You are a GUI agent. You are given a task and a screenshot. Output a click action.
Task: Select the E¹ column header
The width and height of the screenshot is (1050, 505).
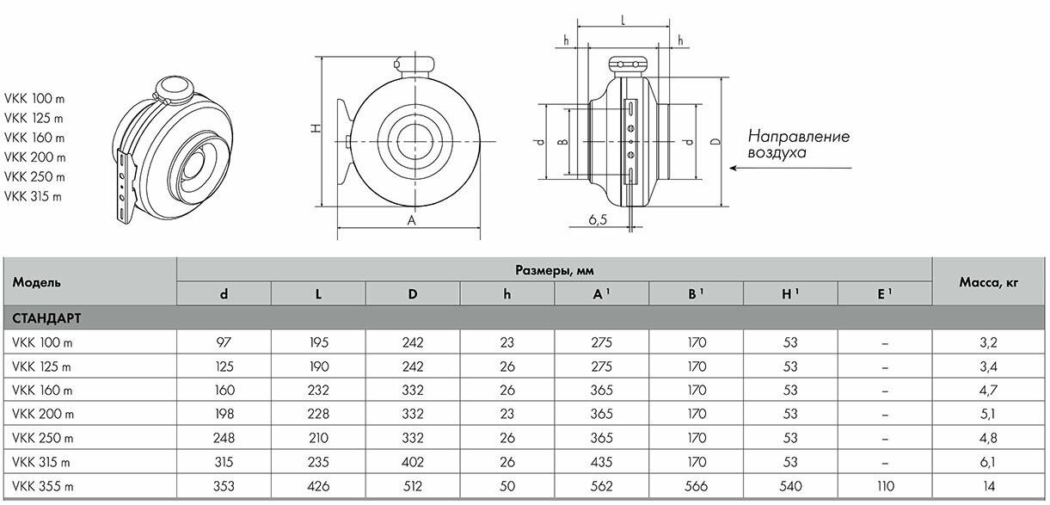point(884,293)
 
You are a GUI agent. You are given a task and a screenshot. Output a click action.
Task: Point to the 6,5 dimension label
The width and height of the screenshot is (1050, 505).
point(599,220)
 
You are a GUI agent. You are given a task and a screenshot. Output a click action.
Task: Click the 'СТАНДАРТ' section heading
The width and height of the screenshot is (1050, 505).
point(47,318)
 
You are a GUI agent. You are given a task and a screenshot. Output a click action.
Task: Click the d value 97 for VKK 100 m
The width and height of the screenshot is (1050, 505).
point(224,342)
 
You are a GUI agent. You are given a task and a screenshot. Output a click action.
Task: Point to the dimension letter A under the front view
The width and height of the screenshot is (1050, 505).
point(412,220)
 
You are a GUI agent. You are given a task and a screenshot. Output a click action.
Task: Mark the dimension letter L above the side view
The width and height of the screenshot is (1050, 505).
point(623,17)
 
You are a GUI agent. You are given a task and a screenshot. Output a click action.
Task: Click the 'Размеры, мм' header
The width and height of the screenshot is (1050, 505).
point(555,270)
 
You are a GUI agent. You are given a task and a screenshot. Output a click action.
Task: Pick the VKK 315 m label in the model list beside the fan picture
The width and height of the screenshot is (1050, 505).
point(34,196)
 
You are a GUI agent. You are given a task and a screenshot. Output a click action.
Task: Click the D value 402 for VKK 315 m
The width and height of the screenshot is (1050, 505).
point(413,461)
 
